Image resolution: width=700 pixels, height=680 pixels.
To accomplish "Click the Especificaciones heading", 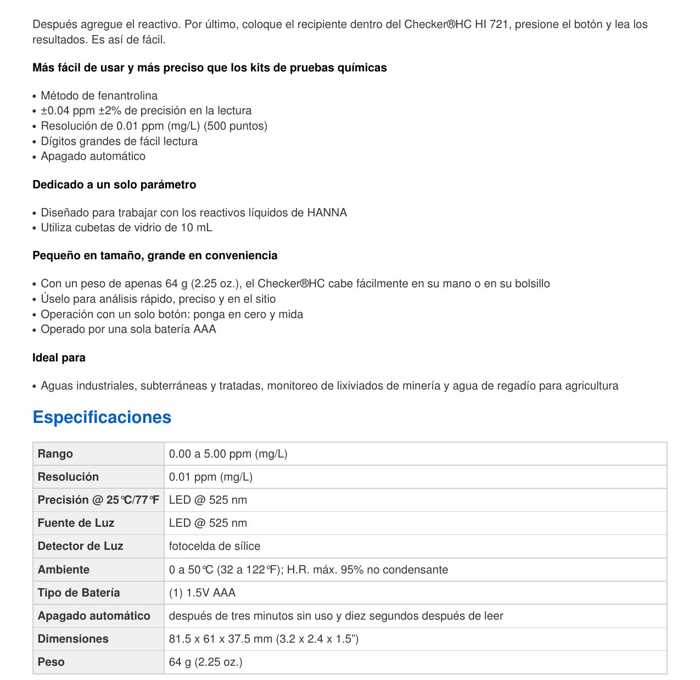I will [x=102, y=417].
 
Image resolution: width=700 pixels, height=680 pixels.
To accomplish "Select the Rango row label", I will [x=55, y=454].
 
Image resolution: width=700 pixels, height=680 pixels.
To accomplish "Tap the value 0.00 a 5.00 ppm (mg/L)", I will [x=228, y=454].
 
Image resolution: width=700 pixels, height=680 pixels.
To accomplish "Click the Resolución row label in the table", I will [x=68, y=477].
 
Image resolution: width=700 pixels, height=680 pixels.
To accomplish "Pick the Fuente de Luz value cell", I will [x=208, y=523].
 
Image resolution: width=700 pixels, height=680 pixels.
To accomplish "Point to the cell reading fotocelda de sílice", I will [x=215, y=546].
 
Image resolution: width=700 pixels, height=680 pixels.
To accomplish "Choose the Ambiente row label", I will [x=64, y=570].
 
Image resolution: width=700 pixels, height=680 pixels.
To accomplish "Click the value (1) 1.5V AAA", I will [x=202, y=593].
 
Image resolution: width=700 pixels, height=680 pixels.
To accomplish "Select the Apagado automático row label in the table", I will [x=94, y=616].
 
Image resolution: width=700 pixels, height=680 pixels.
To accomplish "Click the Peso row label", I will [x=51, y=662].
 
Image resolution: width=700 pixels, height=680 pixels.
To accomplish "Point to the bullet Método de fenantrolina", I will [x=99, y=96].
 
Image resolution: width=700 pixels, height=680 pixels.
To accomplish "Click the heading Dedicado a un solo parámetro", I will [x=114, y=185].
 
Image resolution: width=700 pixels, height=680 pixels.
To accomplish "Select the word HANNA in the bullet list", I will [x=327, y=213].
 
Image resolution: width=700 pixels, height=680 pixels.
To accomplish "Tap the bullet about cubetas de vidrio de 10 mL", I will [x=126, y=227].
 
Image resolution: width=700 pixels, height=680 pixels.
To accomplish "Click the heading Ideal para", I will [x=59, y=358].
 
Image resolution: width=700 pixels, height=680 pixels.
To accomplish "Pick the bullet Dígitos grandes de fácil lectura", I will [x=119, y=141].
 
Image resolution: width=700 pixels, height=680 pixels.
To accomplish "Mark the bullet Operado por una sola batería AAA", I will [x=128, y=329].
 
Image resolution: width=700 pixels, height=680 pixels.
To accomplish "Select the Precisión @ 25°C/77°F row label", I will [x=98, y=500].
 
